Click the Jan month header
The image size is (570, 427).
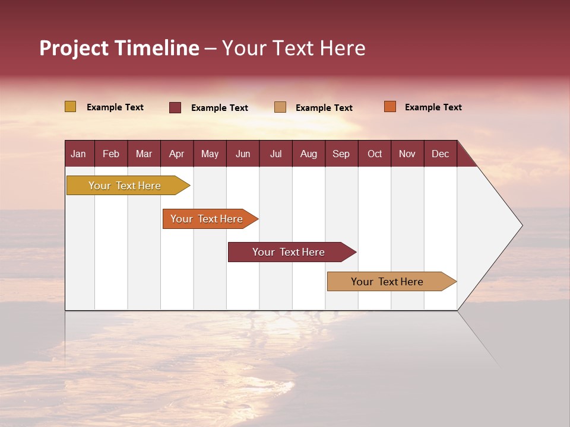click(79, 154)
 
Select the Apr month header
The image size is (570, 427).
click(177, 154)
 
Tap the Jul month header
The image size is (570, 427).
click(276, 154)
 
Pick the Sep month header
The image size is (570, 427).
click(341, 154)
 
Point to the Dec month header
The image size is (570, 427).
click(441, 154)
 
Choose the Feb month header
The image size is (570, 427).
click(111, 154)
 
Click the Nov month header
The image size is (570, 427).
click(407, 154)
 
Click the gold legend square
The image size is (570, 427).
click(70, 107)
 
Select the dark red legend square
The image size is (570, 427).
click(175, 107)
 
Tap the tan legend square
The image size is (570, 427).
click(280, 107)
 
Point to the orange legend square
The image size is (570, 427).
click(389, 107)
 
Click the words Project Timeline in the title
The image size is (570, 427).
click(119, 48)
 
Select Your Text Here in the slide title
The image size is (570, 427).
click(294, 48)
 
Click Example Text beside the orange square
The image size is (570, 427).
click(433, 107)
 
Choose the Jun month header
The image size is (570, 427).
click(243, 154)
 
